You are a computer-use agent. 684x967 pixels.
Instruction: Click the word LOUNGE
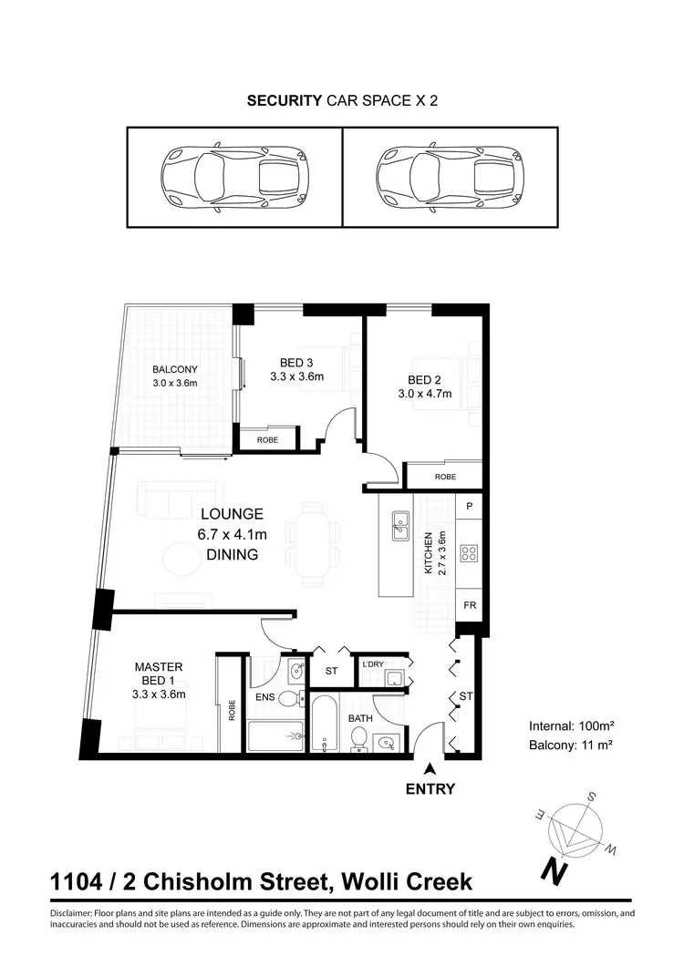click(232, 514)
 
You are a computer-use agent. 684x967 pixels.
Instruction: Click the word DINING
click(232, 554)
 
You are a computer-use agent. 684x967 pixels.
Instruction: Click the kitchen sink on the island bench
click(399, 526)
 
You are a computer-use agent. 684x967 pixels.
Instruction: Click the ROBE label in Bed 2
click(444, 477)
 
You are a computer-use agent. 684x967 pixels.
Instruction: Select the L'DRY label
click(373, 664)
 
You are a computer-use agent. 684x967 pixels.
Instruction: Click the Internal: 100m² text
click(571, 727)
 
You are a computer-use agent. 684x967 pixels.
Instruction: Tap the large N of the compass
click(551, 871)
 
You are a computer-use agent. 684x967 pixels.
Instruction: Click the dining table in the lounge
click(312, 542)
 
